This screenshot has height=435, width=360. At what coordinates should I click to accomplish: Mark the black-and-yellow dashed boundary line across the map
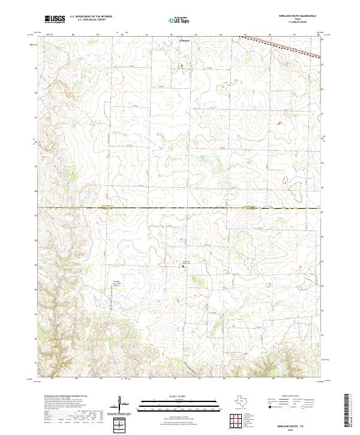click(x=180, y=208)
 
